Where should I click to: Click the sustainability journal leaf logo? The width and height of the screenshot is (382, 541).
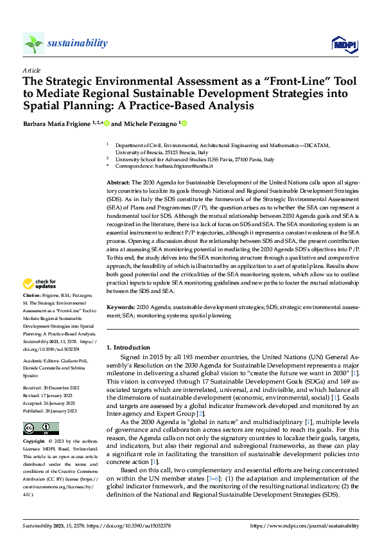point(33,43)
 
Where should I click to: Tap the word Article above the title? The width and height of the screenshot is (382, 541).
point(31,70)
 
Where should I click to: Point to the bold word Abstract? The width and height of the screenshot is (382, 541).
point(118,183)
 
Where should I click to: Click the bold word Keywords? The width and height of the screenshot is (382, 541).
point(121,308)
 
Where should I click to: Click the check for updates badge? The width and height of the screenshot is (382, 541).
point(40,283)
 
